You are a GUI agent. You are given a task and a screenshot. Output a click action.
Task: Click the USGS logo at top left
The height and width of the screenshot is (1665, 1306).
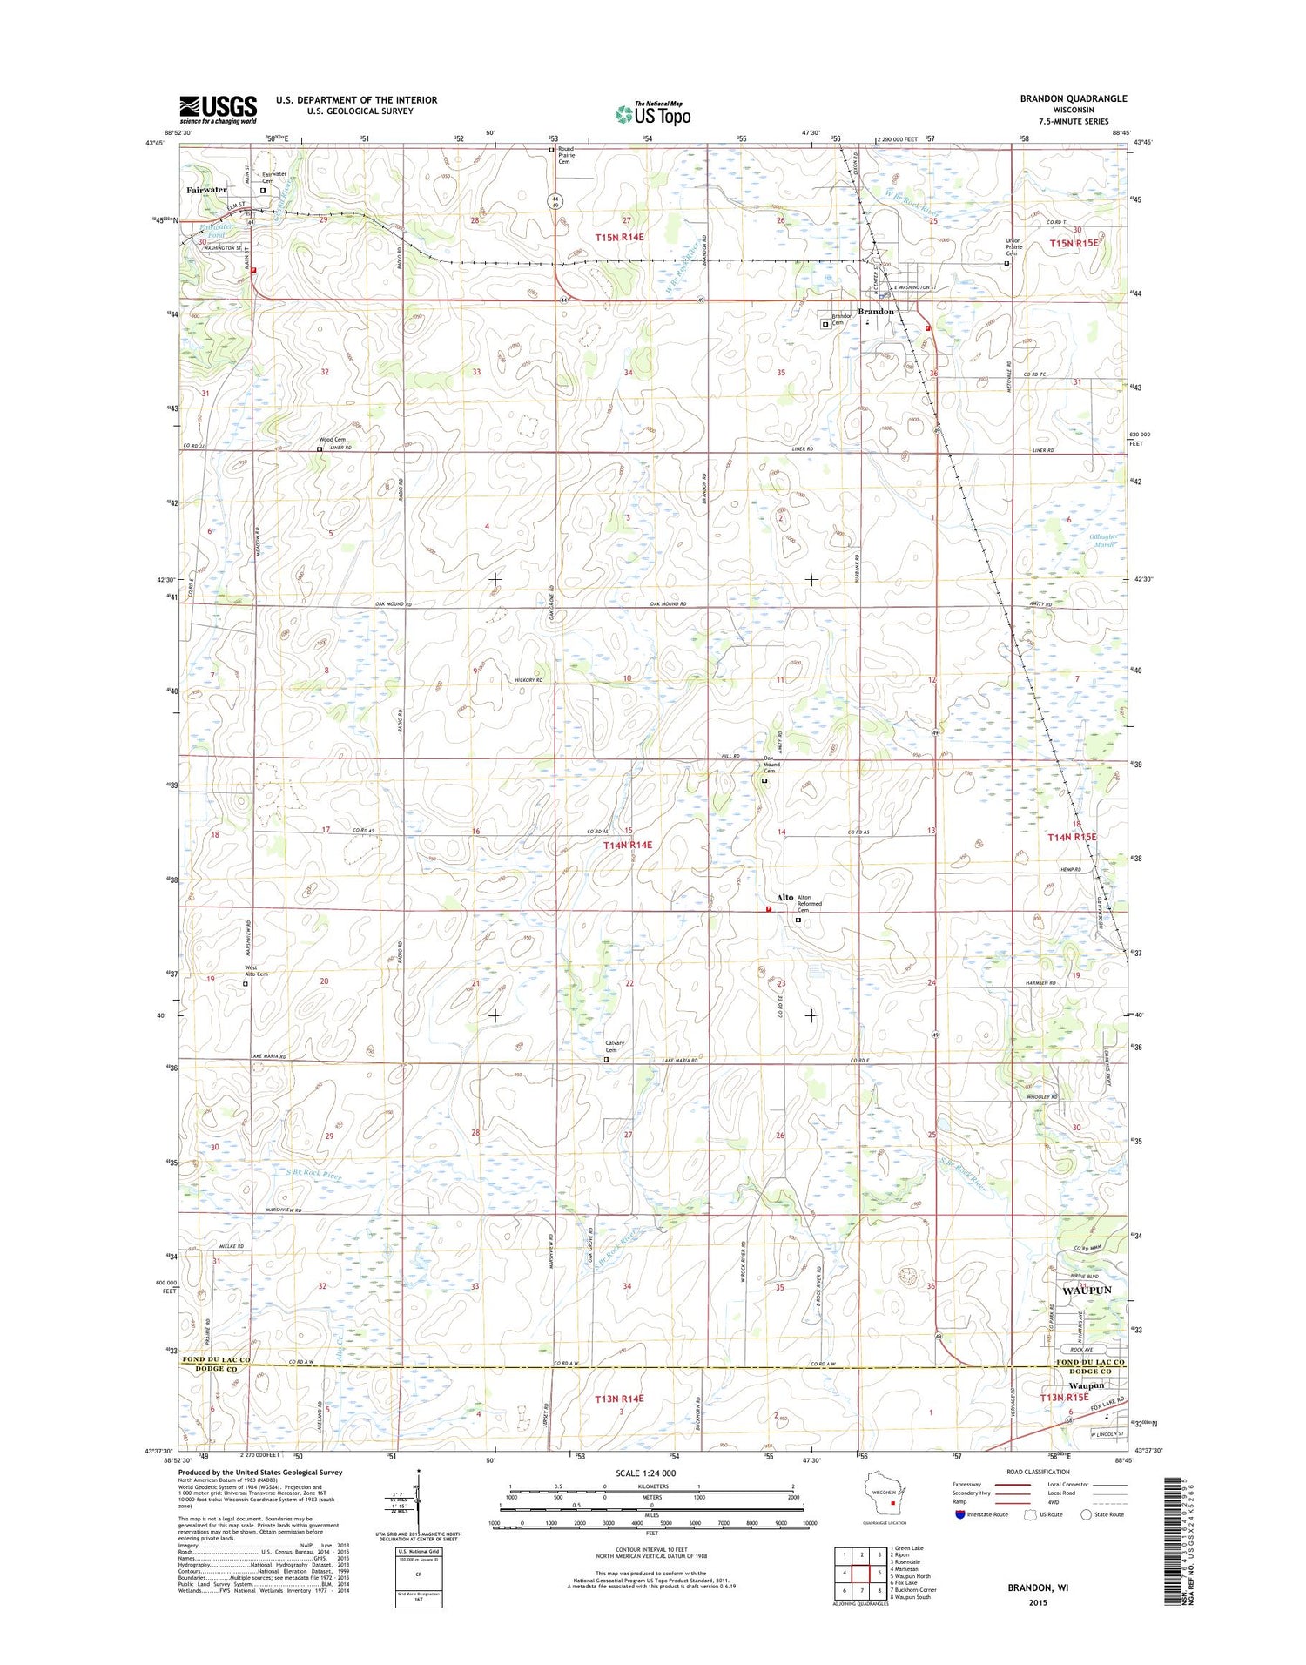click(218, 109)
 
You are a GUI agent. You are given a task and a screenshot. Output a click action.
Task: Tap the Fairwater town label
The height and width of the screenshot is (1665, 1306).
click(206, 189)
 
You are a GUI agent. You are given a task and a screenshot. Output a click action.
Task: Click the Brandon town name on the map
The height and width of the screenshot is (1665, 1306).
click(876, 311)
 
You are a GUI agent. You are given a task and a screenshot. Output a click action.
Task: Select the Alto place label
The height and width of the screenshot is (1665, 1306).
click(784, 897)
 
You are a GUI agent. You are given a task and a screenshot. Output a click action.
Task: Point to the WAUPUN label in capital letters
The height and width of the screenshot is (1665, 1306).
click(1087, 1290)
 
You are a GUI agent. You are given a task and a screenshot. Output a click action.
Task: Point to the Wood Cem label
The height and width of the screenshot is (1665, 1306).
click(332, 440)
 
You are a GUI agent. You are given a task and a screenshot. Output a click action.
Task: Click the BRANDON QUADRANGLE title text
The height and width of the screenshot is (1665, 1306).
click(1073, 98)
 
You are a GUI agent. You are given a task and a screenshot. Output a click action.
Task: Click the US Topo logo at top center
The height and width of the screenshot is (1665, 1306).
click(653, 114)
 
